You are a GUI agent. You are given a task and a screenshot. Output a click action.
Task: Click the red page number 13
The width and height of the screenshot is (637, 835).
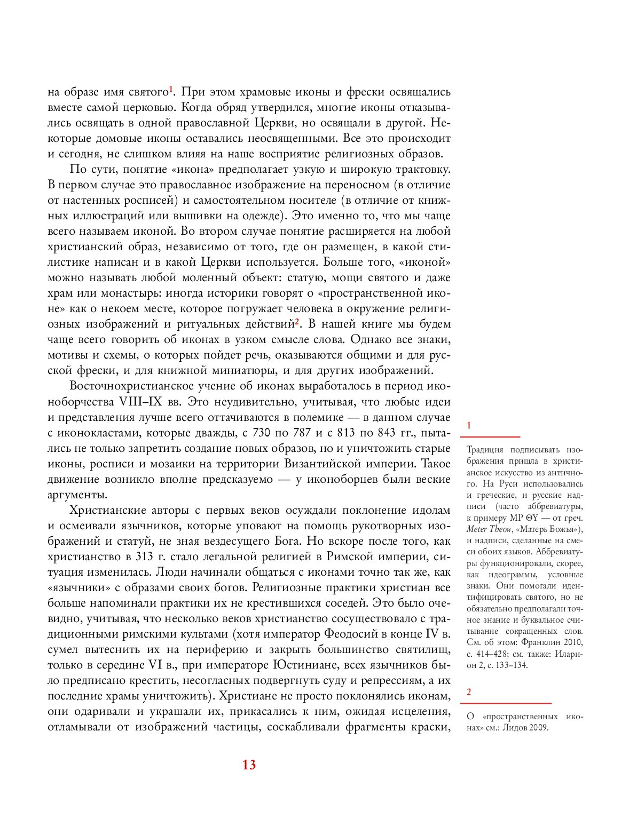(249, 765)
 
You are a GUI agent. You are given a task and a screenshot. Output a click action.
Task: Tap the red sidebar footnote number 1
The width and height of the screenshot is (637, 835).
(469, 425)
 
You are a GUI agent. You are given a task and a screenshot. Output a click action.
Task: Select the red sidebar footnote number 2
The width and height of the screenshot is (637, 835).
(469, 693)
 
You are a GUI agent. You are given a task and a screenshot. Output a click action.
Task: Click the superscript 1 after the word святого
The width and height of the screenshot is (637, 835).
(171, 89)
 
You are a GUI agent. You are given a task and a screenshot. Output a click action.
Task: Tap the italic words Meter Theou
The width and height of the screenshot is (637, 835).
(489, 529)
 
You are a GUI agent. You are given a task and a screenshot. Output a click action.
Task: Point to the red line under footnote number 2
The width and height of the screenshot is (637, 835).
(508, 703)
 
